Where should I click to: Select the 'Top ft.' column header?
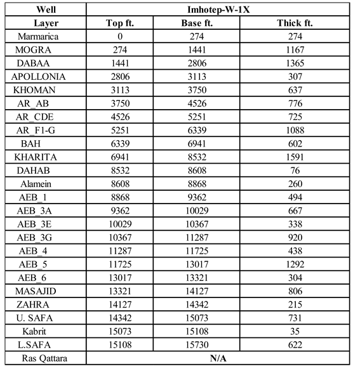pos(122,23)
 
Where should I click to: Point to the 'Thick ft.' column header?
pos(295,23)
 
